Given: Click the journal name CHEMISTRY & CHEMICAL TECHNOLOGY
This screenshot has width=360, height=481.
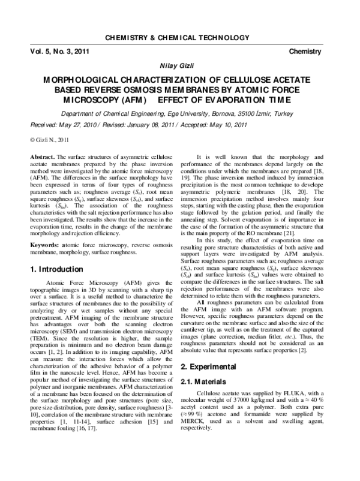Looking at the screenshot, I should point(180,38).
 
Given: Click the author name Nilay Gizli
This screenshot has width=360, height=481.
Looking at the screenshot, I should point(179,65).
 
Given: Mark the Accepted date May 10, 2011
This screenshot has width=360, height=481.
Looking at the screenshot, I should point(226,125).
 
